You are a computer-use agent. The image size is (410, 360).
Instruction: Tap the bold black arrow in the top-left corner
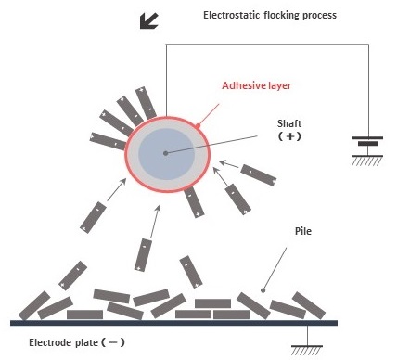pyautogui.click(x=147, y=19)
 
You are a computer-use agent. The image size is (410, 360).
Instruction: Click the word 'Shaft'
pyautogui.click(x=290, y=122)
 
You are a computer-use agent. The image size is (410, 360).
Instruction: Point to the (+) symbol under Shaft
pyautogui.click(x=290, y=137)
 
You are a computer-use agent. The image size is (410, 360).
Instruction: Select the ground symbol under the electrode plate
pyautogui.click(x=307, y=348)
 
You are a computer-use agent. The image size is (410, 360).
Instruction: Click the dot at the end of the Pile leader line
pyautogui.click(x=265, y=289)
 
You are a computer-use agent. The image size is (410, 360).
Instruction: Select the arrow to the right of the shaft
pyautogui.click(x=227, y=167)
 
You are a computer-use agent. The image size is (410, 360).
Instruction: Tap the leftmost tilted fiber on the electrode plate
pyautogui.click(x=32, y=305)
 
